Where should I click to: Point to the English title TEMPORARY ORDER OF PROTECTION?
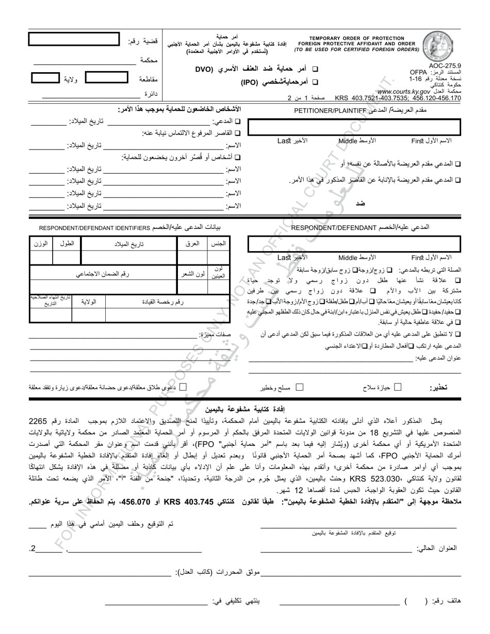356,39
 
